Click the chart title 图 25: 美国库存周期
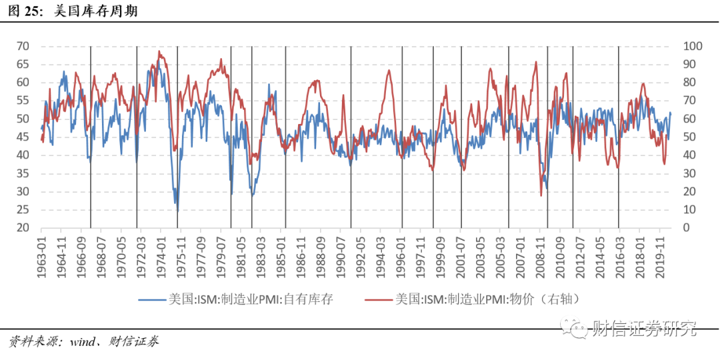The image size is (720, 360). click(x=74, y=11)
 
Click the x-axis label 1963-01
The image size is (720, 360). click(x=41, y=251)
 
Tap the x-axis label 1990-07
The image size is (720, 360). click(x=342, y=251)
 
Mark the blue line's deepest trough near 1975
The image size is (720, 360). click(x=177, y=209)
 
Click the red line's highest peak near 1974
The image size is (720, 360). click(x=159, y=51)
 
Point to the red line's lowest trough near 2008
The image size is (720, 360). click(x=541, y=195)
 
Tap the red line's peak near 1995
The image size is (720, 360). click(x=389, y=70)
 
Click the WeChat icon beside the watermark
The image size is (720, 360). click(x=575, y=328)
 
